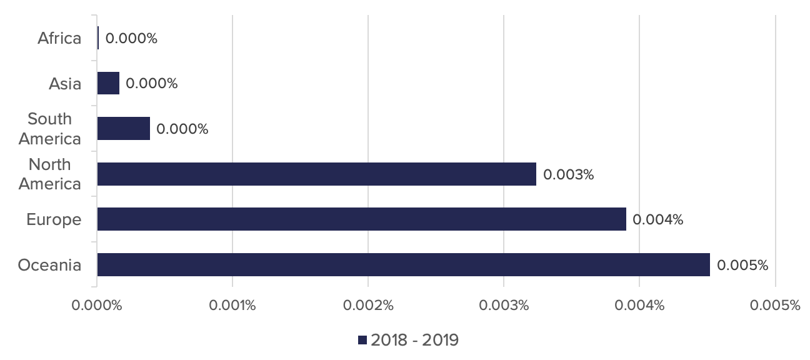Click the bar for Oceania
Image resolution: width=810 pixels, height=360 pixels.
point(404,264)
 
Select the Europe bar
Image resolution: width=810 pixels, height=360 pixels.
point(362,219)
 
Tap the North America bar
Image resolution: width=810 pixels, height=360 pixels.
point(317,174)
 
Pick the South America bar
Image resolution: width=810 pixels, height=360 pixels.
point(124,128)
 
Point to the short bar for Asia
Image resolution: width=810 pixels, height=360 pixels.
point(108,83)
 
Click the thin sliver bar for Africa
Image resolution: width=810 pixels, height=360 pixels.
point(98,37)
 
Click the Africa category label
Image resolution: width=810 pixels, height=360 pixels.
point(59,38)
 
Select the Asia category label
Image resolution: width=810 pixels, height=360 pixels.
point(65,84)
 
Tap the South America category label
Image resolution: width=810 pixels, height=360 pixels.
point(50,129)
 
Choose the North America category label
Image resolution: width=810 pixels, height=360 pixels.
point(50,174)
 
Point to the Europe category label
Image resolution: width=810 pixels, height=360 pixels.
point(54,220)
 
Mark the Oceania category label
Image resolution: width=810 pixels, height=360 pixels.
point(49,265)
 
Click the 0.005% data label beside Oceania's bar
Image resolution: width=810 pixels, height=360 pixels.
point(742,265)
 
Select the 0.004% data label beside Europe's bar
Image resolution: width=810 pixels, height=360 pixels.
point(657,220)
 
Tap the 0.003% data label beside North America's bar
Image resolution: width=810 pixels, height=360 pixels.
point(569,174)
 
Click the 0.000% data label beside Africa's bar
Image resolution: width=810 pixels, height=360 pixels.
point(131,38)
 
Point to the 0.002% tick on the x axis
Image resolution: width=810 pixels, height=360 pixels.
point(368,306)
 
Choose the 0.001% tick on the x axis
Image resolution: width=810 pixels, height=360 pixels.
point(232,306)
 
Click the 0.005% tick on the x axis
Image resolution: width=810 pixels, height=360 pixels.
point(775,306)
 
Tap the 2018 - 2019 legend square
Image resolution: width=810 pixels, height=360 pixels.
point(362,340)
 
